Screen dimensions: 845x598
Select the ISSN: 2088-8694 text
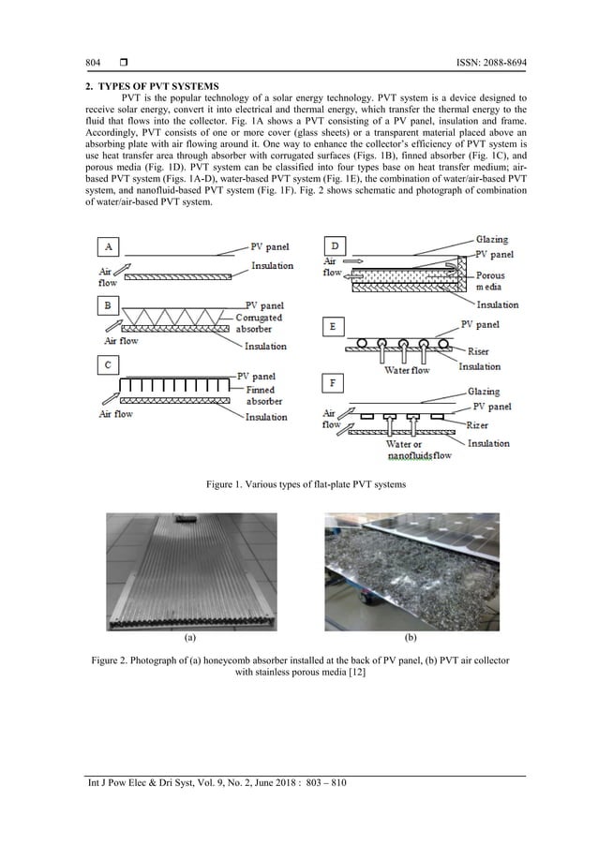click(476, 62)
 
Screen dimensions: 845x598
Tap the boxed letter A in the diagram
click(111, 246)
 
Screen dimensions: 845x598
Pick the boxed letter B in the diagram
click(111, 305)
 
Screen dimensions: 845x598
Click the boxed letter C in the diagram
click(111, 364)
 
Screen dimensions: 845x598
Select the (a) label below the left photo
click(191, 637)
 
